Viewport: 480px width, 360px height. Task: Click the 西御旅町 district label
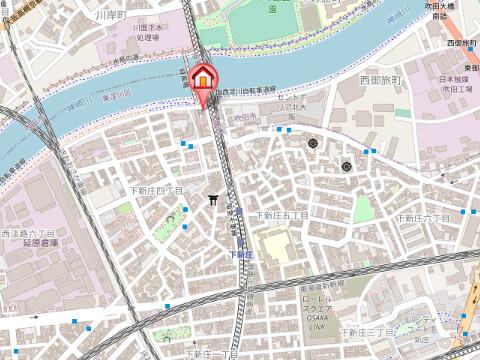379,78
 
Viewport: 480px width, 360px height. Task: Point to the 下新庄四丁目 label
157,189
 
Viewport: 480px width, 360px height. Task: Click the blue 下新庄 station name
240,254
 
